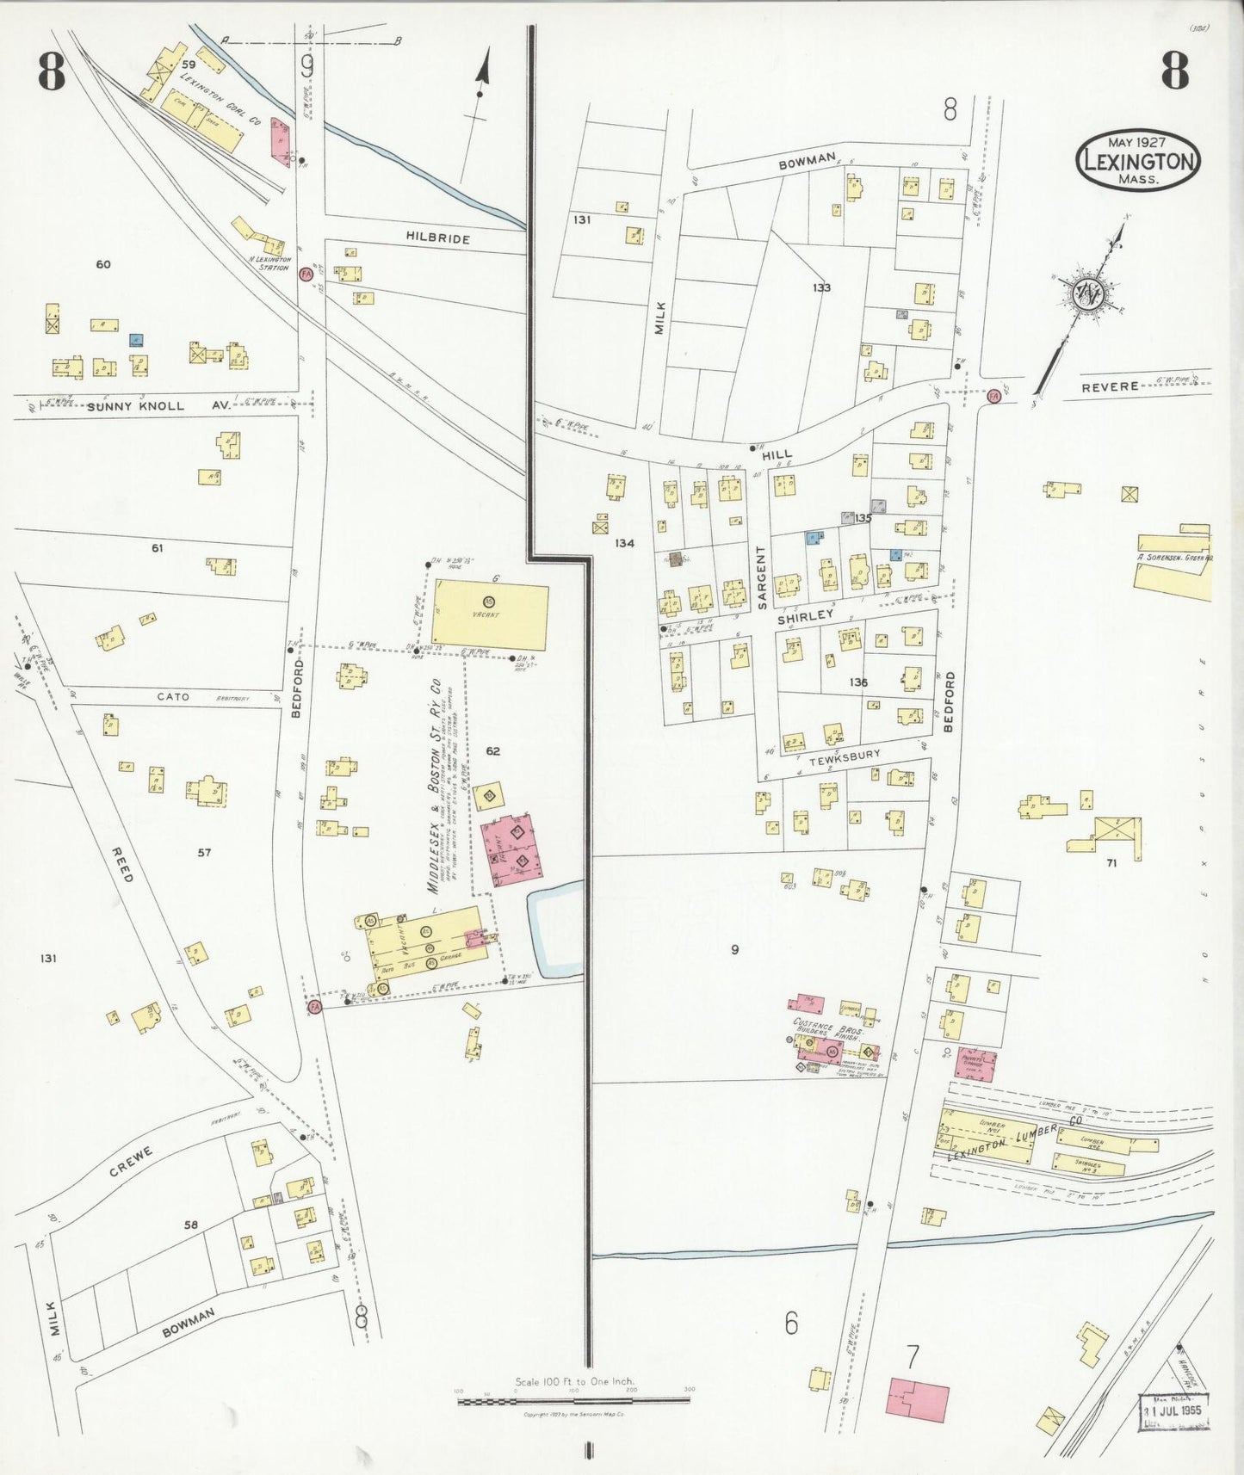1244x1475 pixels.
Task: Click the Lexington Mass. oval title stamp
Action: tap(1137, 161)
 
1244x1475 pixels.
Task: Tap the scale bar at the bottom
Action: tap(573, 1401)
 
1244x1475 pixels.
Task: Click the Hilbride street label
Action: tap(438, 238)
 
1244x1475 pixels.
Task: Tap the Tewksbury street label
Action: tap(845, 756)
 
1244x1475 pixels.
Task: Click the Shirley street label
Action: tap(806, 616)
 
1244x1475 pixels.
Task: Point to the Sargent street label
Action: tap(760, 577)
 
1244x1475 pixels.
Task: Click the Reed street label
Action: tap(123, 863)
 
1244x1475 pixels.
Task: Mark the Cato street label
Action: tap(173, 697)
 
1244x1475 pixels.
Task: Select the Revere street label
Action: tap(1110, 387)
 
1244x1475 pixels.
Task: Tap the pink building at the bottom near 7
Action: tap(918, 1399)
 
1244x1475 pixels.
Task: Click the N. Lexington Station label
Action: tap(269, 262)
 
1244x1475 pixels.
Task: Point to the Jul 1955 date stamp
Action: tap(1174, 1411)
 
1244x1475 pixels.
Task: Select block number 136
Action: tap(858, 682)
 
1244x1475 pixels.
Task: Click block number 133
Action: tap(821, 287)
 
